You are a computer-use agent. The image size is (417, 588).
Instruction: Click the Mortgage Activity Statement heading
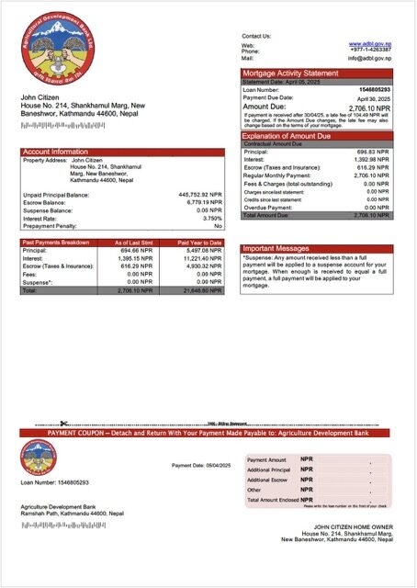[x=290, y=73]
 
